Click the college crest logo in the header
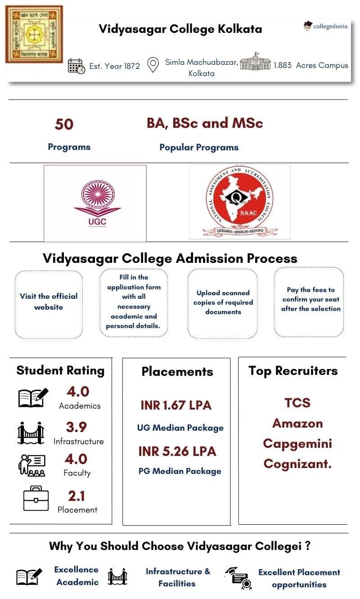34,34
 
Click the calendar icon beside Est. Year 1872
76,66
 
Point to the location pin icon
153,65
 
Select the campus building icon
255,62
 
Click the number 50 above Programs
64,124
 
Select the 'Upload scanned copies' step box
223,302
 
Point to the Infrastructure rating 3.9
76,427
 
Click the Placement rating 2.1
76,496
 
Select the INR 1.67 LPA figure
176,405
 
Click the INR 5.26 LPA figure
177,451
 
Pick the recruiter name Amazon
297,423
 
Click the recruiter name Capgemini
297,444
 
